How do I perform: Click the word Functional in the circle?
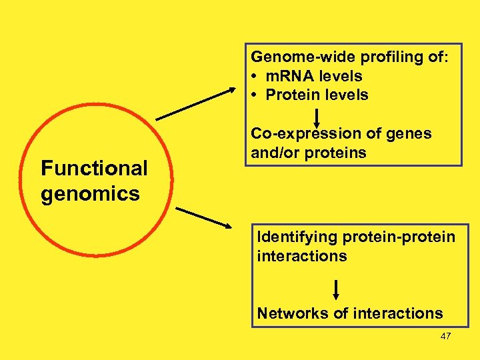(94, 168)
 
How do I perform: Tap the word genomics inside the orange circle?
(90, 194)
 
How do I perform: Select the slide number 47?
(446, 336)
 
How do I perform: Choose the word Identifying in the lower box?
(297, 237)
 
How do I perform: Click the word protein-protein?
(399, 237)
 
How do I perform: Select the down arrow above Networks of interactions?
(336, 288)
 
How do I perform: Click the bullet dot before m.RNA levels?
(255, 77)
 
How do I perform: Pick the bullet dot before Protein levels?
(255, 95)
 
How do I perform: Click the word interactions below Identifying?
(302, 256)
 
